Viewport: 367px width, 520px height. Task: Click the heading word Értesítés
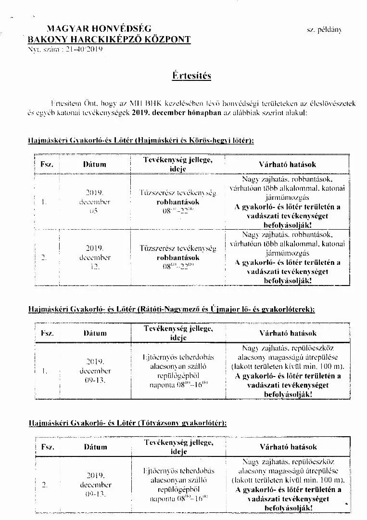(x=191, y=76)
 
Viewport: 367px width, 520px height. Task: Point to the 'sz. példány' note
(x=324, y=30)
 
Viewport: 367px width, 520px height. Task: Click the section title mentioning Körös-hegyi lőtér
(x=140, y=141)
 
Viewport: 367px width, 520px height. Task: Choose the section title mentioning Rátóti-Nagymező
(x=171, y=309)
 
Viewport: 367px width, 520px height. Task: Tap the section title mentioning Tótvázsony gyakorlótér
(x=127, y=423)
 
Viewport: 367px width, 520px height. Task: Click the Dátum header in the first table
(x=95, y=165)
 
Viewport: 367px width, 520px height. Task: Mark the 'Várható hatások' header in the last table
(x=288, y=447)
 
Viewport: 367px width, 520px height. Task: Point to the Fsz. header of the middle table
(x=47, y=333)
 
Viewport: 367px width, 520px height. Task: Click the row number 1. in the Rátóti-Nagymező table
(x=44, y=371)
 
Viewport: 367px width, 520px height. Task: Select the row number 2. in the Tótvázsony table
(x=44, y=485)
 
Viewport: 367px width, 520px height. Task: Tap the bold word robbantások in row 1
(x=177, y=202)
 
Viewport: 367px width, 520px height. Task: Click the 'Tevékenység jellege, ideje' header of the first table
(x=177, y=164)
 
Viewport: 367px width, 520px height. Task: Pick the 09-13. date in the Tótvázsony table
(x=96, y=494)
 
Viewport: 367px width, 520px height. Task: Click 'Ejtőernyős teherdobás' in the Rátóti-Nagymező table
(x=178, y=357)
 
